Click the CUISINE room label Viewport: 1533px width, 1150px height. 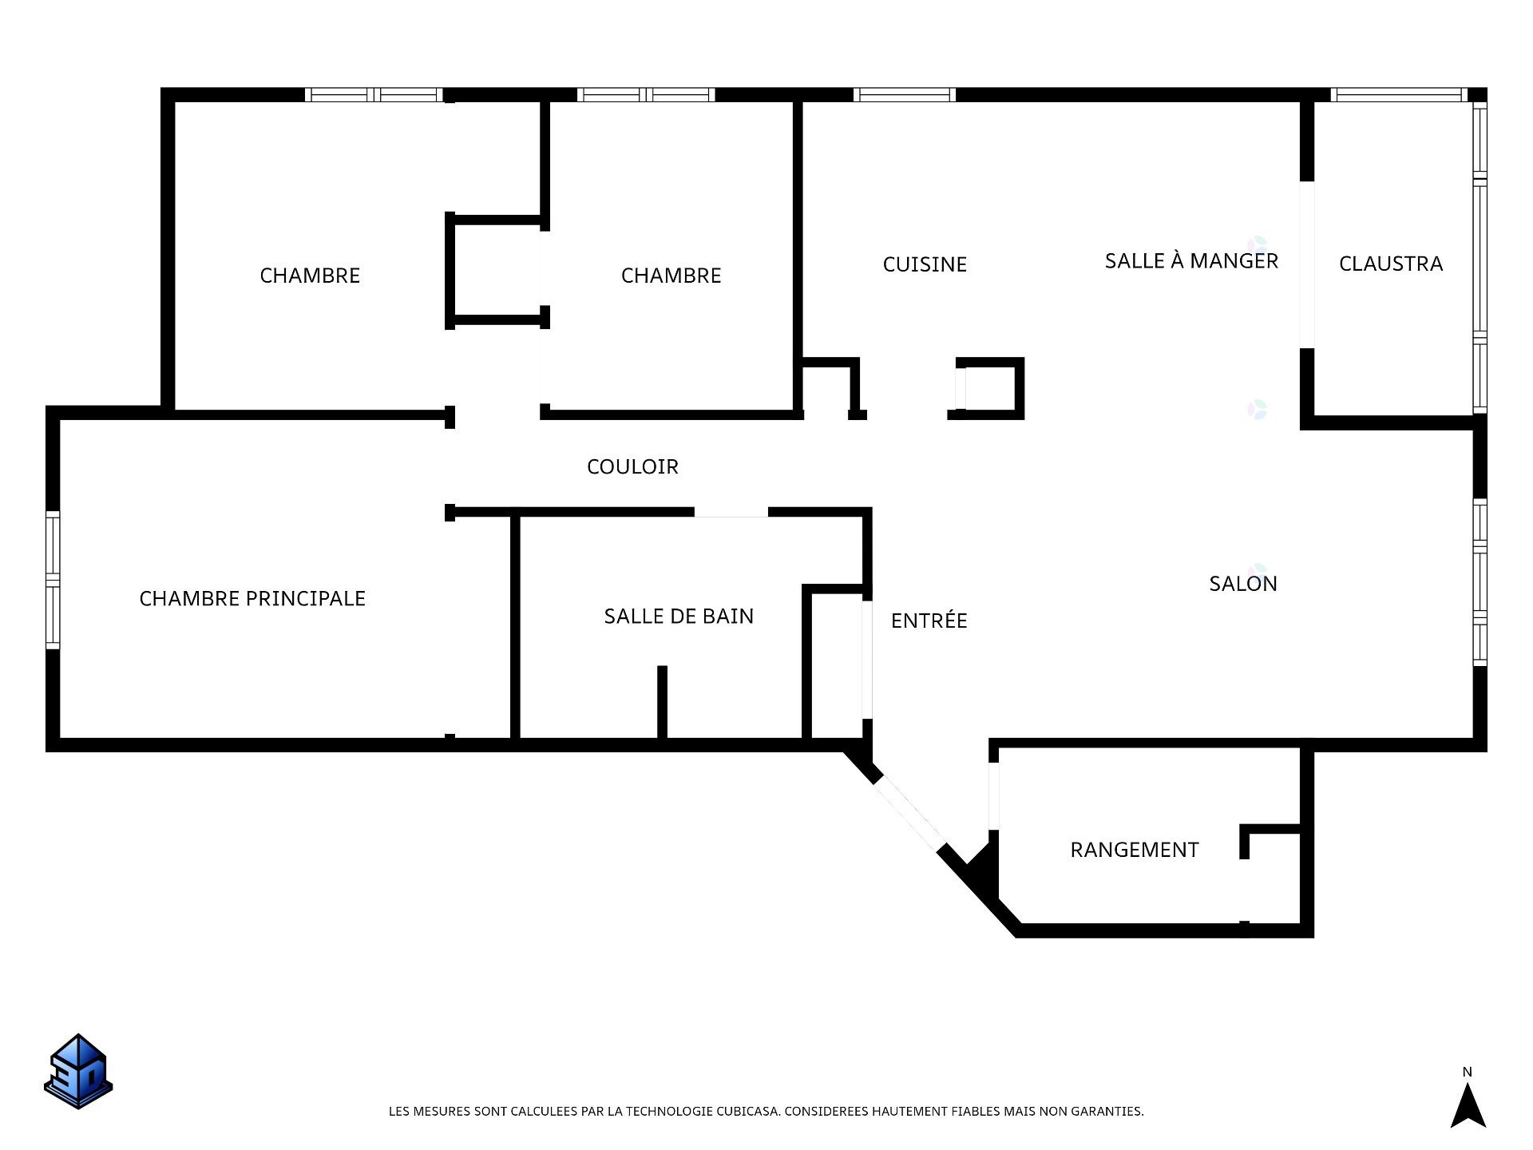925,264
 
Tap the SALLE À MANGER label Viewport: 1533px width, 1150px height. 1191,260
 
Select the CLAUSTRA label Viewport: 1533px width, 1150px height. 1391,264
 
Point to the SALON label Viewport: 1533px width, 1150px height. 1243,584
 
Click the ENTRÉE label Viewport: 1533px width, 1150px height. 929,620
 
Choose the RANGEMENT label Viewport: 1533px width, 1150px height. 1135,850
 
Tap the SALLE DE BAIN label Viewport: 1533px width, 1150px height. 679,616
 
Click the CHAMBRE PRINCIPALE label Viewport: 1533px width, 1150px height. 252,598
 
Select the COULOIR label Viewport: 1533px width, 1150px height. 632,466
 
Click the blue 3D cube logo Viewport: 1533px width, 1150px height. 78,1071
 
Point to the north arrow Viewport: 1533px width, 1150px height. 1468,1105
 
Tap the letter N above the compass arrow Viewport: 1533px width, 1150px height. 1468,1072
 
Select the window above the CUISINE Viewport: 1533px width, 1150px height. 905,95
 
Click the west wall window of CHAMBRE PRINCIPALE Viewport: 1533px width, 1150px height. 53,580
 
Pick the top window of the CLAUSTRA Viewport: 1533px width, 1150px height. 1399,95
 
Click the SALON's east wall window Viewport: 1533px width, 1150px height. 1480,582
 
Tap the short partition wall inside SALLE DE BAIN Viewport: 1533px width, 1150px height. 662,702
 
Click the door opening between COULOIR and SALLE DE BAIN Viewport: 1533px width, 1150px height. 731,512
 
